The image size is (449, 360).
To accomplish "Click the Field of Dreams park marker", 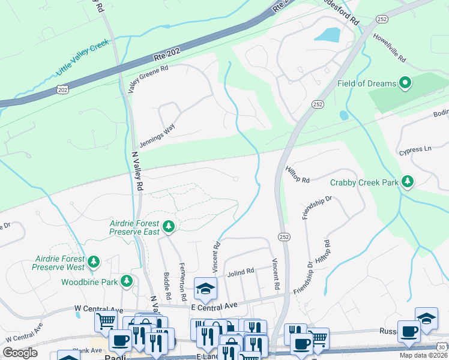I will point(405,83).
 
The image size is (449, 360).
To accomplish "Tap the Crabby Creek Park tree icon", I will point(408,181).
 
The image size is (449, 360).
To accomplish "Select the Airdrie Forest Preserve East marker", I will point(169,226).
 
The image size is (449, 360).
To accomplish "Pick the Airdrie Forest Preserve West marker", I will point(93,261).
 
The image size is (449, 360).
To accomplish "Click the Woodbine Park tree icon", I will point(126,281).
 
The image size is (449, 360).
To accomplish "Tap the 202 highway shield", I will point(62,89).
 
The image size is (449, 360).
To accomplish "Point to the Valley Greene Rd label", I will point(148,79).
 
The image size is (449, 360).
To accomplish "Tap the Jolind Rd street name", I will point(241,272).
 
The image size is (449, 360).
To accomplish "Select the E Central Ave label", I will point(215,305).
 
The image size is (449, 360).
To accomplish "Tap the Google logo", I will point(20,353).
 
